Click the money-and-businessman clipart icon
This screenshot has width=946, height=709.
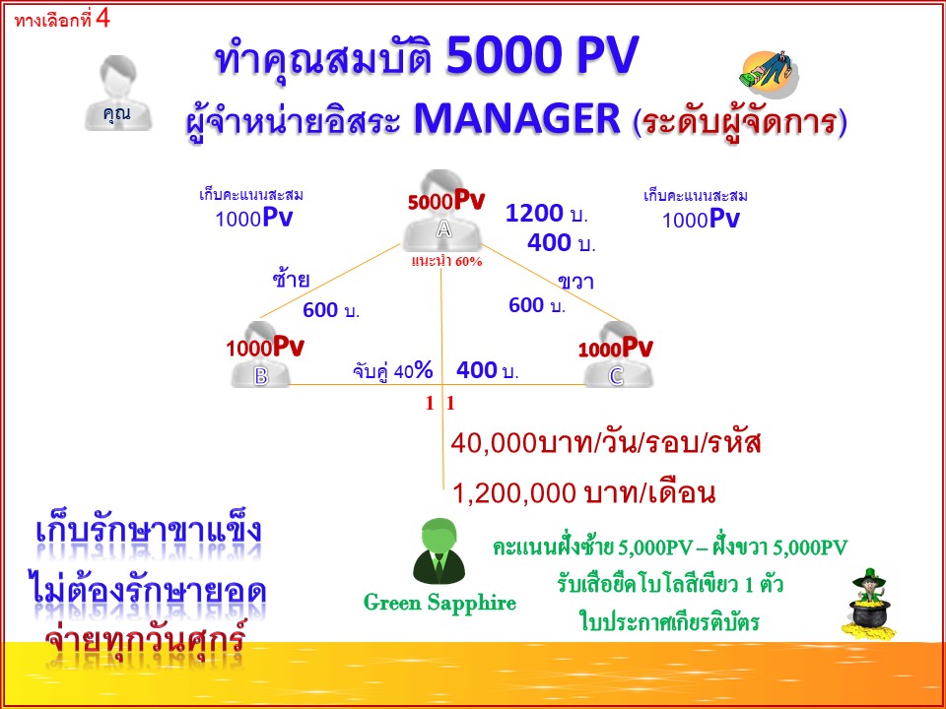coord(768,74)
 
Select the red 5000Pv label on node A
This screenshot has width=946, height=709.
coord(446,201)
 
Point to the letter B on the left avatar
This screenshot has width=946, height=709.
coord(261,375)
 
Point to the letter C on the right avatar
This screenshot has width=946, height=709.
coord(616,375)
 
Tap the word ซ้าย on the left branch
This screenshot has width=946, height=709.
coord(291,280)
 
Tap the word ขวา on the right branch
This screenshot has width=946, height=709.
coord(575,282)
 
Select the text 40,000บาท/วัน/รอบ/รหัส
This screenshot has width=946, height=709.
coord(606,443)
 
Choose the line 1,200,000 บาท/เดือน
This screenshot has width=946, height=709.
coord(583,492)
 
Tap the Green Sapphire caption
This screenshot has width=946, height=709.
coord(439,603)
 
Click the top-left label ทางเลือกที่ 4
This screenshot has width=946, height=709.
coord(62,19)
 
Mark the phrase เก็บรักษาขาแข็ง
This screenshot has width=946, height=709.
coord(148,533)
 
